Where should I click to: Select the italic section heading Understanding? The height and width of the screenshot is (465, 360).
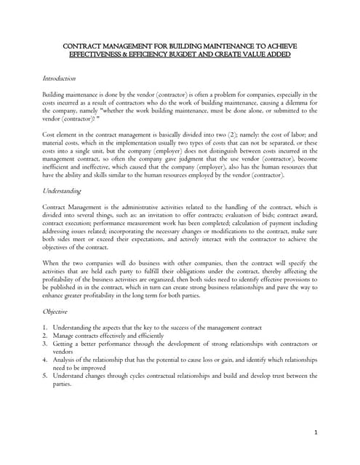point(62,191)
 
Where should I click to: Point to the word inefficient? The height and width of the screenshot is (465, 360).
point(58,166)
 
